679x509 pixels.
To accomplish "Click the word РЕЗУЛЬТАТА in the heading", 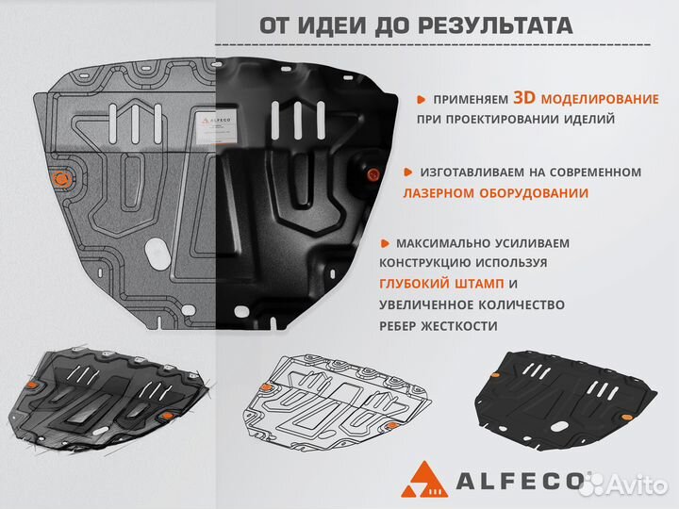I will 494,25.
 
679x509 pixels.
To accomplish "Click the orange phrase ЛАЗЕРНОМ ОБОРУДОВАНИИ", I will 496,193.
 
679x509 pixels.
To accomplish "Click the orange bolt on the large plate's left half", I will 63,177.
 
